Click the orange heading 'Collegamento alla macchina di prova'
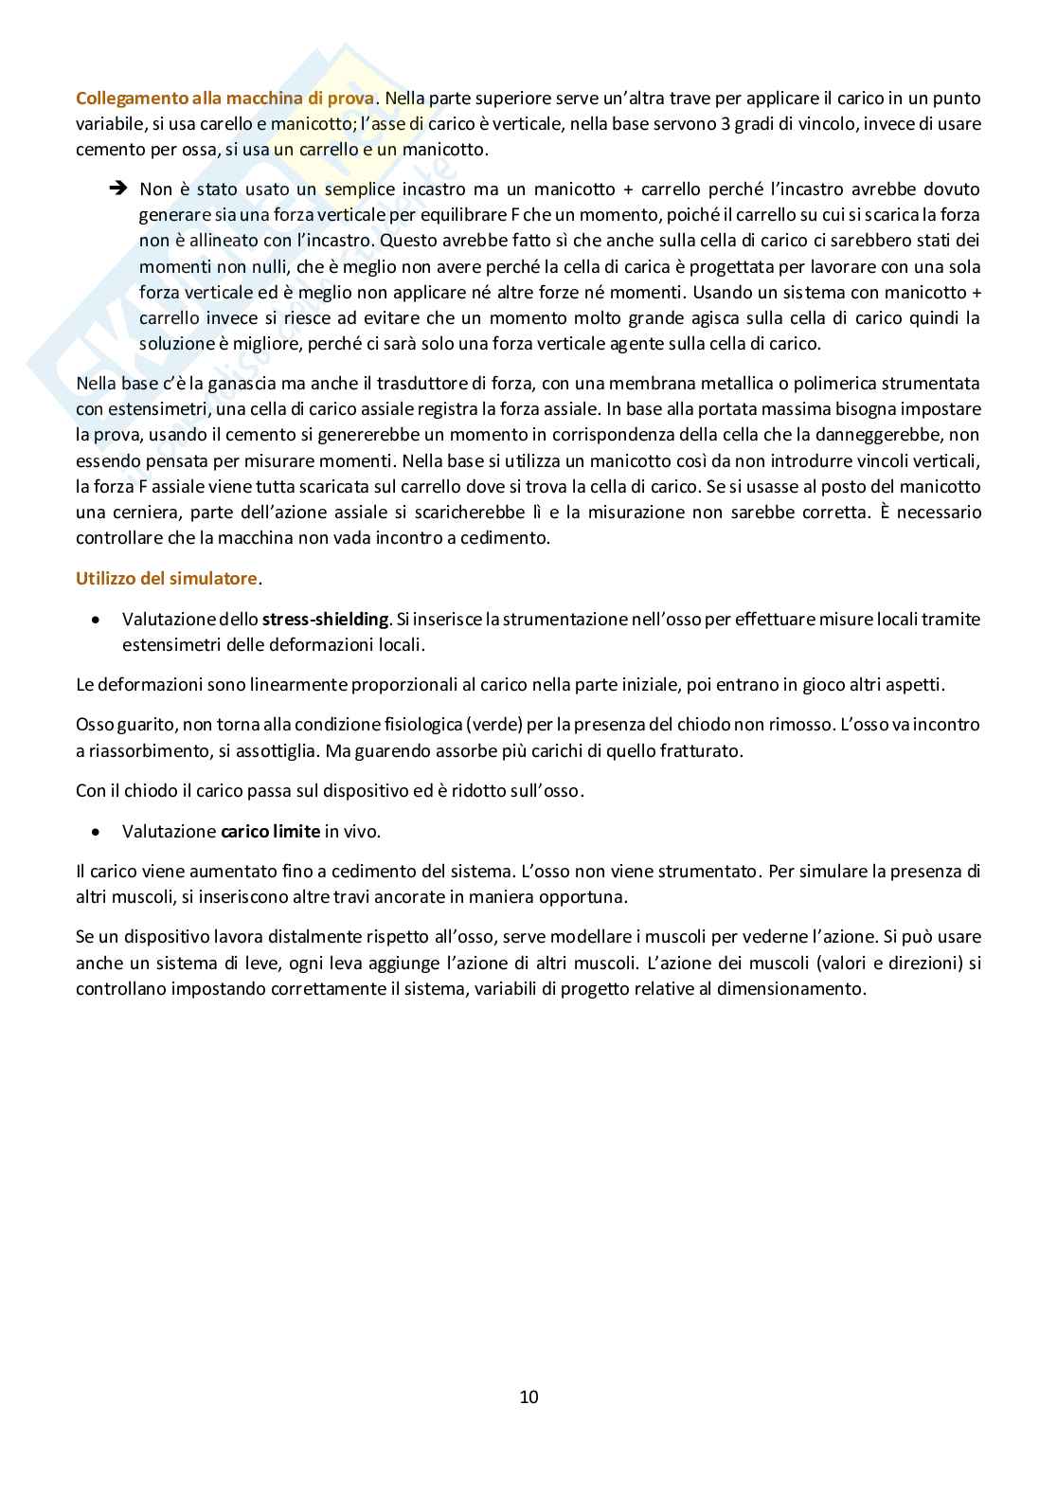(225, 98)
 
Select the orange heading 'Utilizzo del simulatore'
(167, 578)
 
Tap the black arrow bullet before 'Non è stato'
(118, 189)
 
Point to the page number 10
(528, 1396)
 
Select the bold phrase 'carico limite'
(270, 831)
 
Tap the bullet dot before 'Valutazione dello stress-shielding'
(96, 620)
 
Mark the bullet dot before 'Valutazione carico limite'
(96, 832)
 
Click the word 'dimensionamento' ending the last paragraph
(800, 988)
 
